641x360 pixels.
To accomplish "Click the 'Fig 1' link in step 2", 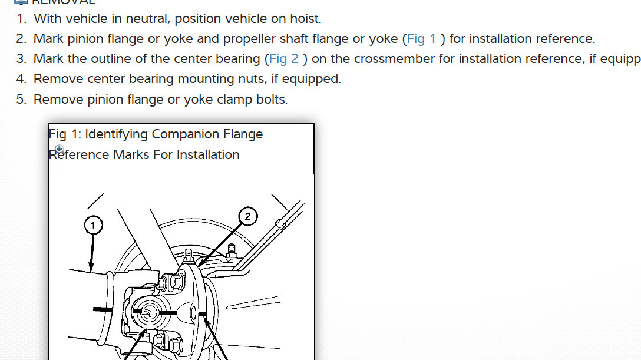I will click(421, 39).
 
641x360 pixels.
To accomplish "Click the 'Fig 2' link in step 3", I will click(284, 59).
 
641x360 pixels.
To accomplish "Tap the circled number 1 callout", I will click(92, 224).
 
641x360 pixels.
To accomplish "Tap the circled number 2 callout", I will click(247, 216).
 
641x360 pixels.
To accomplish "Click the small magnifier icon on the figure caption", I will click(59, 149).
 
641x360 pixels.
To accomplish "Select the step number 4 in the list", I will click(21, 79).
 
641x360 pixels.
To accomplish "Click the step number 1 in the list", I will click(21, 19).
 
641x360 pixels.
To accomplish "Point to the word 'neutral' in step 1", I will click(147, 19).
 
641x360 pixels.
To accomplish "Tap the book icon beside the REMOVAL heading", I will click(21, 2).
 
